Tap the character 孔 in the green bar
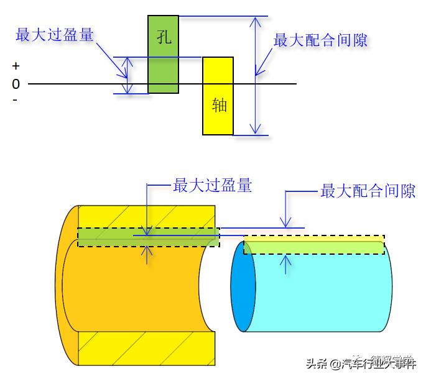point(164,37)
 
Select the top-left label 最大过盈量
point(55,35)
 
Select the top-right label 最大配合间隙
point(320,40)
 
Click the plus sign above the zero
point(16,66)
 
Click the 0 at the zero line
point(16,84)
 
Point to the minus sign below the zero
point(15,99)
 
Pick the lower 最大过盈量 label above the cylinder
point(213,185)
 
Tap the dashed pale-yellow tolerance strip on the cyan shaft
point(314,245)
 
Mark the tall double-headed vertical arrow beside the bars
point(255,75)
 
